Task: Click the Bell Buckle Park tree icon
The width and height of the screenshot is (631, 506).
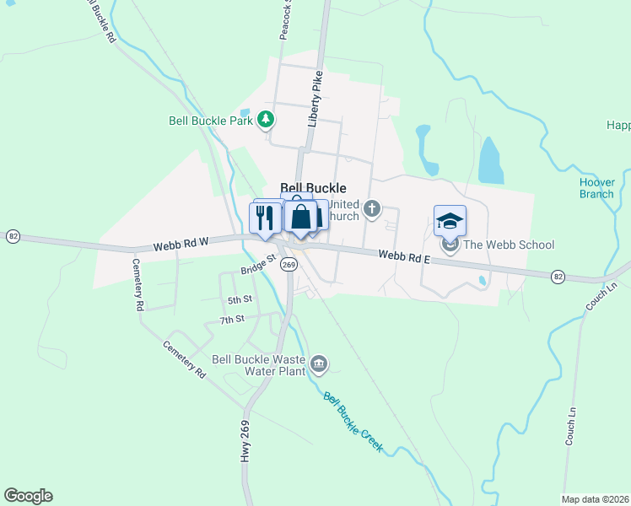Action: point(267,120)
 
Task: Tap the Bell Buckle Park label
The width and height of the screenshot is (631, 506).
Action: point(211,121)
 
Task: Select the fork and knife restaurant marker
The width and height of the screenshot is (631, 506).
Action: point(267,218)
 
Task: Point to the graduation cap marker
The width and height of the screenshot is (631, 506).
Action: point(450,221)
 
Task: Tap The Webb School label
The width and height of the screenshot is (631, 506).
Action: point(509,245)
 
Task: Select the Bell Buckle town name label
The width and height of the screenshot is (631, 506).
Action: point(312,190)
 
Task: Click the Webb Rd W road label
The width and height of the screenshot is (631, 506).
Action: point(181,245)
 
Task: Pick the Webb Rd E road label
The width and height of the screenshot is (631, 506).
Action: point(404,256)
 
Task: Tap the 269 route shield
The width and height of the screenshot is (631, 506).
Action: point(289,264)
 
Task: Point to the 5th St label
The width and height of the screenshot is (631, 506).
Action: point(240,299)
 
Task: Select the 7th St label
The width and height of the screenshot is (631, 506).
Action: point(231,320)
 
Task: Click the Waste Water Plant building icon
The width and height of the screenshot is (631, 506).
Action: point(318,363)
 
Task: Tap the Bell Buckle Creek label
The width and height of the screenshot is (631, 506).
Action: point(353,423)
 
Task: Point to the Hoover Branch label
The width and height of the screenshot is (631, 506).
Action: point(596,187)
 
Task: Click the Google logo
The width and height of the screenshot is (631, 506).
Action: point(28,496)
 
